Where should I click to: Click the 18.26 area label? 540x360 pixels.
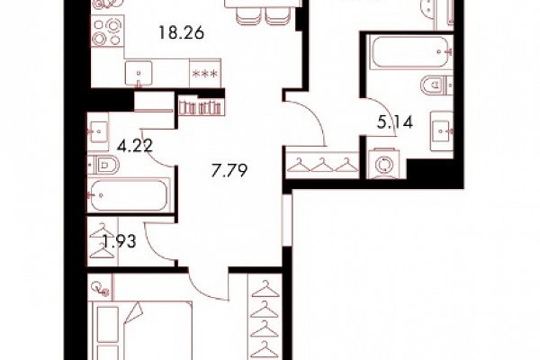(x=181, y=33)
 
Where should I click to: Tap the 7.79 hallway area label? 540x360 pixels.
(x=229, y=170)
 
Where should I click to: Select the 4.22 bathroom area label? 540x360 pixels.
(x=135, y=147)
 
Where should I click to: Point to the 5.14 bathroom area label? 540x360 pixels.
(x=395, y=122)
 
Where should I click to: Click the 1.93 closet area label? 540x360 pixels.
(x=120, y=241)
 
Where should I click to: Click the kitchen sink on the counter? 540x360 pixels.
(x=139, y=74)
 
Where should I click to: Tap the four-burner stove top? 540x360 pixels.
(x=107, y=32)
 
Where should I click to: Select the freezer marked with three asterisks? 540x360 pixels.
(x=205, y=74)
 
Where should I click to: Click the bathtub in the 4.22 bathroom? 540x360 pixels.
(x=129, y=195)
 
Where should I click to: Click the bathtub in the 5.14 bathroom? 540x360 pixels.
(x=409, y=51)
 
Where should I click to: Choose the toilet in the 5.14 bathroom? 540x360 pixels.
(x=436, y=85)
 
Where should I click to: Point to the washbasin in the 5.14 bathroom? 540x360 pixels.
(x=442, y=130)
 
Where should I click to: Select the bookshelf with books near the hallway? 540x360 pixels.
(x=200, y=107)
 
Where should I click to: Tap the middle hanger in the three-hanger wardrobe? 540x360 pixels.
(x=323, y=165)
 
